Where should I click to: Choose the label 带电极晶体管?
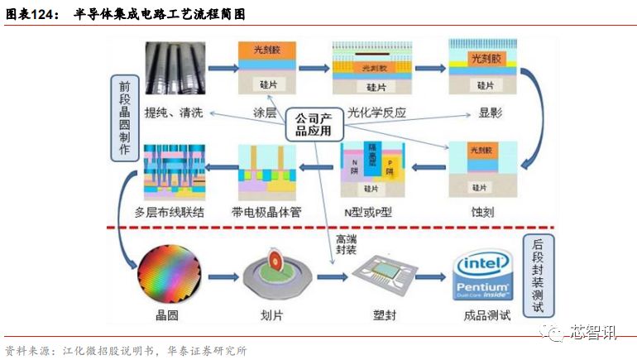tap(266, 212)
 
